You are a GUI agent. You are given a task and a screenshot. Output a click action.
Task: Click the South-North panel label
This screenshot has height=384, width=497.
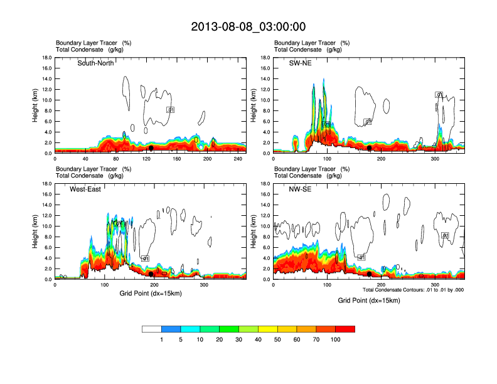(95, 63)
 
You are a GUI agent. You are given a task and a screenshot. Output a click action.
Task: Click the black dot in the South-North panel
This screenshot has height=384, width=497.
(151, 148)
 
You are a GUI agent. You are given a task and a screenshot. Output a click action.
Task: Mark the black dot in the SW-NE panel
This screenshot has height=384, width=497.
(370, 148)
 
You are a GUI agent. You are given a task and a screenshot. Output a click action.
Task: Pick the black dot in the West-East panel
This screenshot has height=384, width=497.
(151, 274)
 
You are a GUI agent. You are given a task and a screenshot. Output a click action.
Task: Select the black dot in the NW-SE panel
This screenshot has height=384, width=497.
(370, 274)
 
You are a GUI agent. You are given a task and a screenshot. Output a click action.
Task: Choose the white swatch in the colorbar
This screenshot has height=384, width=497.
(152, 329)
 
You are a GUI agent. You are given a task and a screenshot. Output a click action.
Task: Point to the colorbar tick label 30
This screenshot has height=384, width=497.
(239, 339)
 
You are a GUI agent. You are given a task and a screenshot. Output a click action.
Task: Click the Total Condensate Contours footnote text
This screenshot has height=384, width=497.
(413, 290)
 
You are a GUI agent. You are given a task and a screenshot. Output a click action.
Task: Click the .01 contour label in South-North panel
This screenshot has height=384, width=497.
(170, 110)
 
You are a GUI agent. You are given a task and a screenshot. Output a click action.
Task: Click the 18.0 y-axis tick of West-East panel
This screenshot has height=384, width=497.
(46, 184)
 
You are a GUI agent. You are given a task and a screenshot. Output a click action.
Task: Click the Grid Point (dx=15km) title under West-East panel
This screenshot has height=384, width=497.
(149, 293)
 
